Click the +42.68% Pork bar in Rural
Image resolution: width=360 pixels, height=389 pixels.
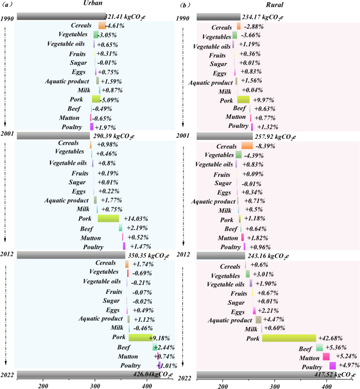pos(289,338)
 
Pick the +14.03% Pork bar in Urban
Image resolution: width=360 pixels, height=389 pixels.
pos(108,218)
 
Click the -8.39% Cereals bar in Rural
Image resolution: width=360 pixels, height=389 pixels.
pos(247,146)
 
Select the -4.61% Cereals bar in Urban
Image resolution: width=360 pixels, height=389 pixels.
pos(102,25)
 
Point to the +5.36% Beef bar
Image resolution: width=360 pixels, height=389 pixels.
pos(320,347)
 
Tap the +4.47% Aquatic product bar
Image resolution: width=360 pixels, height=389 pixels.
pos(259,320)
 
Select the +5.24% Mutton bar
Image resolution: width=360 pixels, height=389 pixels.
pos(326,356)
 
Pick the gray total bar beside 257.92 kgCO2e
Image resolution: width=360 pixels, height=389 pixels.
pos(224,136)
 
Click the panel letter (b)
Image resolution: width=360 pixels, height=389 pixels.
pos(184,5)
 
